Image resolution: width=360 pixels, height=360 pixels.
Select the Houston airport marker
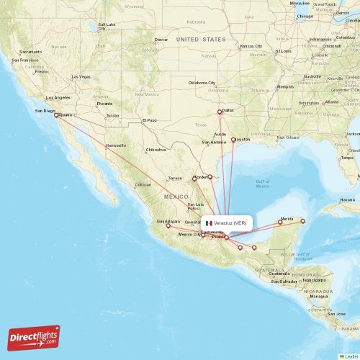click(x=233, y=140)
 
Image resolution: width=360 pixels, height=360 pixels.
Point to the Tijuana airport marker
click(x=56, y=114)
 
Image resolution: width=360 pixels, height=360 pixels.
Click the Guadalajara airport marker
click(x=168, y=226)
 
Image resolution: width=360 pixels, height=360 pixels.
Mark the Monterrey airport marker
click(x=194, y=179)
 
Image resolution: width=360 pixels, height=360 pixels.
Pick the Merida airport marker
click(x=280, y=222)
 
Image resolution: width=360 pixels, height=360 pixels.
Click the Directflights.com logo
click(x=33, y=337)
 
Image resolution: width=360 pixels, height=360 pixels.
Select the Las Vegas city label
click(x=80, y=76)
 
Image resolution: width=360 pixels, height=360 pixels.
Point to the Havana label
click(x=348, y=199)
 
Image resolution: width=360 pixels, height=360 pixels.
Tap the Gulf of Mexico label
click(x=262, y=184)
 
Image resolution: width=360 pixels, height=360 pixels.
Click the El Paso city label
click(x=149, y=120)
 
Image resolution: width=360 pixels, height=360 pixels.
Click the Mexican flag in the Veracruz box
click(x=209, y=223)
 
